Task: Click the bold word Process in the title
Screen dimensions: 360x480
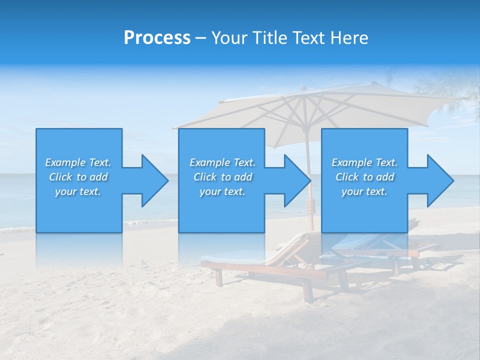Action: pyautogui.click(x=157, y=38)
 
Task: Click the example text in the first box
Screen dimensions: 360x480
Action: pyautogui.click(x=78, y=177)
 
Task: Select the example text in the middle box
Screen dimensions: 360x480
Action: pyautogui.click(x=222, y=177)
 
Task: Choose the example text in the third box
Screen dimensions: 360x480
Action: pyautogui.click(x=364, y=177)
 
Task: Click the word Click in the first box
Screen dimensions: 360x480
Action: pyautogui.click(x=60, y=177)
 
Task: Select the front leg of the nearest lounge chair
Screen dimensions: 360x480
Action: pyautogui.click(x=218, y=278)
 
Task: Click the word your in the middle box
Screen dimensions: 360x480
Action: pyautogui.click(x=209, y=191)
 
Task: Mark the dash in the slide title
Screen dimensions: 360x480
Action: pyautogui.click(x=201, y=38)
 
